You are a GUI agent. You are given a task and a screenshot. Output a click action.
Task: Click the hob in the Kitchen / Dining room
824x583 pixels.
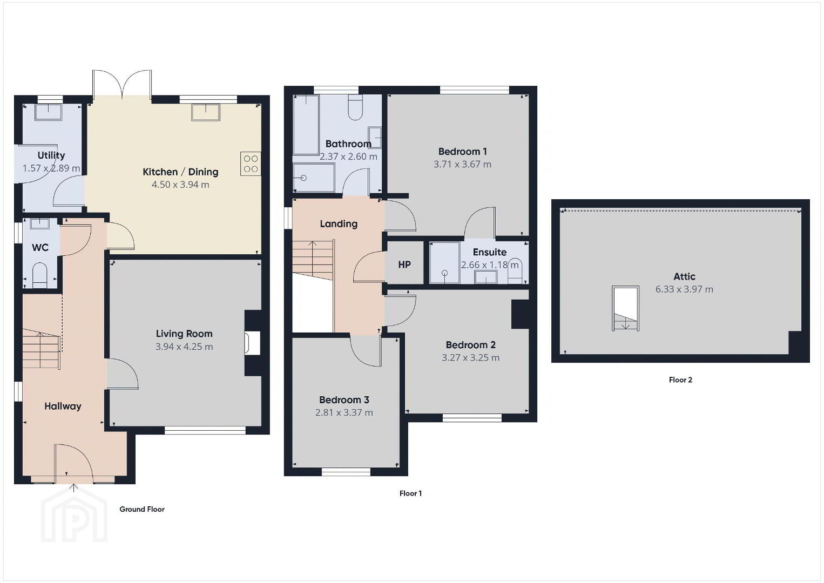coord(251,164)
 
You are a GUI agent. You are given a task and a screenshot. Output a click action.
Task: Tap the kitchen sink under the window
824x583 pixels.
coord(206,112)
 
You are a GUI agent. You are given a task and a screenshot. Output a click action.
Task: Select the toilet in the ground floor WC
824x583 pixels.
coord(40,275)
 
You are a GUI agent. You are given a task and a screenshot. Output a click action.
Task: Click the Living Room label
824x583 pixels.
coord(184,334)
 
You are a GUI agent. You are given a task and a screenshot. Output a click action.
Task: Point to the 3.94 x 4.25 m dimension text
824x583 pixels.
coord(184,347)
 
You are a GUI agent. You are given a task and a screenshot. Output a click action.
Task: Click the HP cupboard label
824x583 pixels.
coord(404,265)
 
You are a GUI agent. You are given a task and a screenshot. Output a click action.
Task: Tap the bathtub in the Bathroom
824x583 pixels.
coord(306,125)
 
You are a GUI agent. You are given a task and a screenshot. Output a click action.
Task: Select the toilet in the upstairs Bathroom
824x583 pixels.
coord(355,107)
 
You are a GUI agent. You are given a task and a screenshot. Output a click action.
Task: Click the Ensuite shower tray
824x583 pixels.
coord(445,263)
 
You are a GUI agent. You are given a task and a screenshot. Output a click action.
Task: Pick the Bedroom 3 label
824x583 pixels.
coord(344,400)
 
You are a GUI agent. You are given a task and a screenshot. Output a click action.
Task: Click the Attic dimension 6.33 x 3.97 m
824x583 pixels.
coord(684,289)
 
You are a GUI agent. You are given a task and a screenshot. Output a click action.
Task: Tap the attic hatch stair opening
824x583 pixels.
coord(625,308)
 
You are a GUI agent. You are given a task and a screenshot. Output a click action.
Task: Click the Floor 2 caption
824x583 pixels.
coord(680,380)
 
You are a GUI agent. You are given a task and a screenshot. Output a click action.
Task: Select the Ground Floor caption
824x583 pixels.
coord(142,510)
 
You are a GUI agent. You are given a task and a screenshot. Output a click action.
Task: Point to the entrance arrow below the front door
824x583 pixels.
coord(74,488)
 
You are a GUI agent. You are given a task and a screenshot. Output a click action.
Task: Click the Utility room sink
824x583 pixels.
coord(48,112)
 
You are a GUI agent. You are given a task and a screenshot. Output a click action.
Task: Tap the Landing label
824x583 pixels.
coord(339,224)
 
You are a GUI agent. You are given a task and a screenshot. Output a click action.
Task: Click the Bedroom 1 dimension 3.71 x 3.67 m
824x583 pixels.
coord(462,165)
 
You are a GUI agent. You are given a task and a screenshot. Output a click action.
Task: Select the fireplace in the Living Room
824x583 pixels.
coord(253,343)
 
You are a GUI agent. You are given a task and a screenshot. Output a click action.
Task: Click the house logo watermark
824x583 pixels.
coord(74,515)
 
